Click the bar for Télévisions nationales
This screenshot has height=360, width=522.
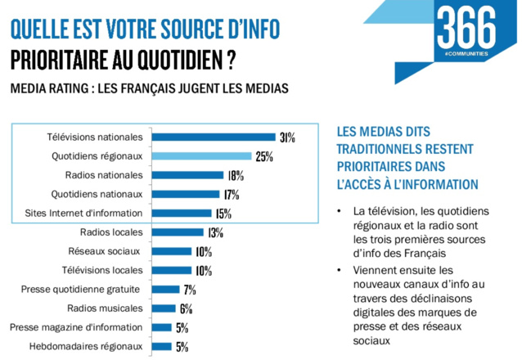pos(214,137)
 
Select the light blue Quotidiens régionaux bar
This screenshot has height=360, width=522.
pos(202,155)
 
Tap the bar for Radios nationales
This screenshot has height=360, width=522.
pos(188,174)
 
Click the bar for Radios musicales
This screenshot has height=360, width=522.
pos(164,308)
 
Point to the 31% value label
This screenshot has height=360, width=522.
pos(286,137)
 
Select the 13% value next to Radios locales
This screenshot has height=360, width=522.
pos(215,232)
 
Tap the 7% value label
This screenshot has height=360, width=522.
pos(190,290)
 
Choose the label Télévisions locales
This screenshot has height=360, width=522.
pos(103,270)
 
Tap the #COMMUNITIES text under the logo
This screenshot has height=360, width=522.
pos(467,54)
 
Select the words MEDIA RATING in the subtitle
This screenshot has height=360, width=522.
pos(49,88)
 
